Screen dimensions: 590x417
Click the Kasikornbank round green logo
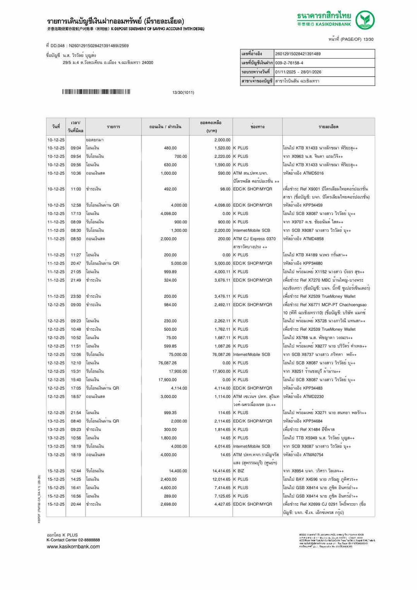coord(365,20)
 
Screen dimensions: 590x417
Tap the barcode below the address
coord(96,92)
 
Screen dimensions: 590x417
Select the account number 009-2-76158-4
coord(289,63)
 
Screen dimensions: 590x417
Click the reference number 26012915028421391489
coord(298,54)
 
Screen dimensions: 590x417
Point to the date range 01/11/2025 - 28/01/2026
coord(298,72)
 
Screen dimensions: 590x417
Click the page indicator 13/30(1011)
coord(183,93)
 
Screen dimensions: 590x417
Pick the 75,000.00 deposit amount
coord(178,355)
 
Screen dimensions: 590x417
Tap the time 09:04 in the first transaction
coord(76,148)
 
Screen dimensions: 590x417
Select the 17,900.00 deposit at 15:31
coord(178,371)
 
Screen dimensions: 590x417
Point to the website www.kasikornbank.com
coord(73,547)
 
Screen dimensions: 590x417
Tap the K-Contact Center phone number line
coord(73,540)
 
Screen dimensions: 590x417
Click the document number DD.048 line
coord(87,46)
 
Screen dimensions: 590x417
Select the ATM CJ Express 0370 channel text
coord(254,239)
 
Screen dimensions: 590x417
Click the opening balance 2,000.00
coord(222,140)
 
